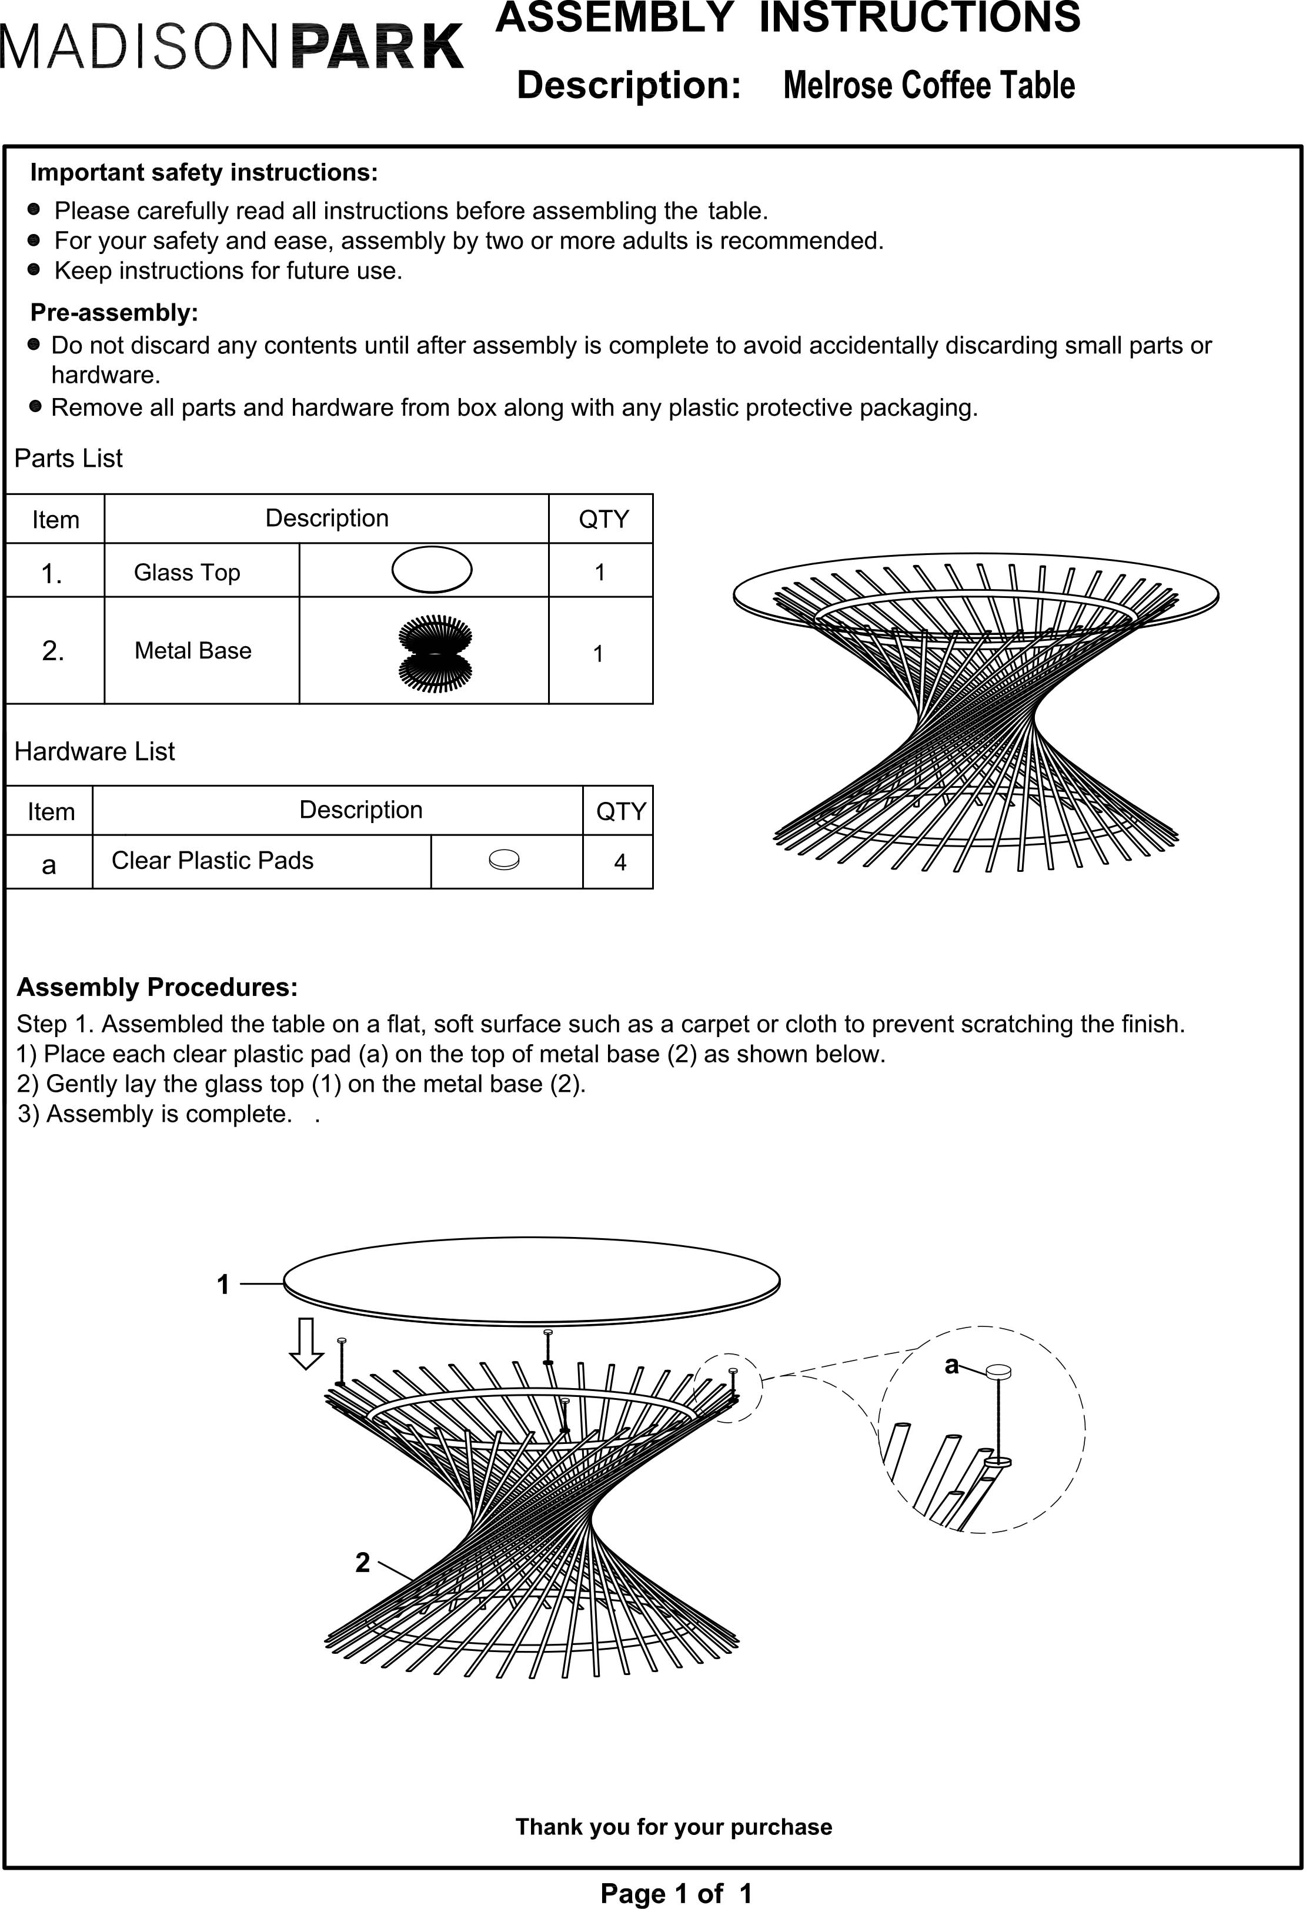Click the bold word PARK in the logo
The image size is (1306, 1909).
[x=378, y=48]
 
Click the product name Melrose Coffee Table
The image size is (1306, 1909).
[x=929, y=85]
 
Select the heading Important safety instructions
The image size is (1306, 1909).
[x=203, y=172]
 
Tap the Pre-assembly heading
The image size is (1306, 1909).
[x=114, y=312]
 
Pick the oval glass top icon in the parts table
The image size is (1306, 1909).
[x=432, y=569]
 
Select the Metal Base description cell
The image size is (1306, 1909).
[x=193, y=651]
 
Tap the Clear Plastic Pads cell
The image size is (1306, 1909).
[x=213, y=860]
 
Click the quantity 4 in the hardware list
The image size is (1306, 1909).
[x=620, y=862]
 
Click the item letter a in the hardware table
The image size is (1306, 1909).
[x=49, y=864]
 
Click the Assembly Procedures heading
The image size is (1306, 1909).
[x=157, y=987]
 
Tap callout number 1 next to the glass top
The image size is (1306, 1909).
[x=223, y=1284]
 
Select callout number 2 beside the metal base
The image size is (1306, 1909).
[x=362, y=1562]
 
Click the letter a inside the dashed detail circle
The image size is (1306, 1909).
[x=951, y=1365]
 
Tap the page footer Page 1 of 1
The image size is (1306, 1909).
[x=676, y=1893]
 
